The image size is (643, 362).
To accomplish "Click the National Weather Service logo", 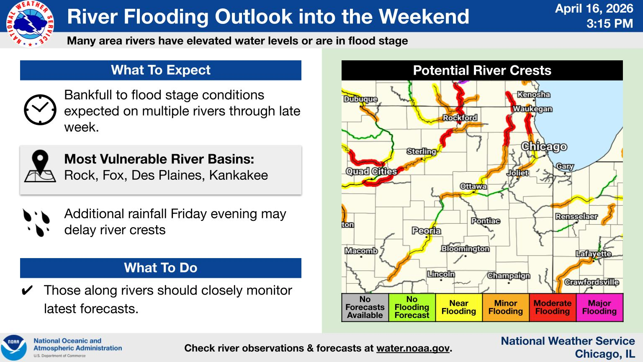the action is coord(30,23).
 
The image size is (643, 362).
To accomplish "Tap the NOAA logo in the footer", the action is coord(13,347).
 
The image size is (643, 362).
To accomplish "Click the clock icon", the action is coord(40,110).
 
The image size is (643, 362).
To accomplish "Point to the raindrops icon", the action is coord(36,222).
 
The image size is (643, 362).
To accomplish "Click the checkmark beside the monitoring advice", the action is coord(27,290).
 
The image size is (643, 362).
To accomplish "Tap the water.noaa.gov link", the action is coord(412,348).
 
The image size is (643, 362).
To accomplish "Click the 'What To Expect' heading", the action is coord(161,70).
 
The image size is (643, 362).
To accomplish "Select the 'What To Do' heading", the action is coord(161,268).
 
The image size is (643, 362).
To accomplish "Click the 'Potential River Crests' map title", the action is coord(482,70).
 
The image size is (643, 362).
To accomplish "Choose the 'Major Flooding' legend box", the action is coord(599,307).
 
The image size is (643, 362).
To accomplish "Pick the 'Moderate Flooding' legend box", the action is coord(553,307).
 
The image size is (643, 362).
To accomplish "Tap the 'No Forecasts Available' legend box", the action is coord(365,307).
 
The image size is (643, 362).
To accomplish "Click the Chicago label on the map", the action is coord(544,147).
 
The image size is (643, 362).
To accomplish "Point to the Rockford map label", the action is coord(460,118).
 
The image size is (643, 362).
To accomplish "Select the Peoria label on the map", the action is coord(426,231).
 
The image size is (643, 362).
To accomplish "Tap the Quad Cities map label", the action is coord(371,171).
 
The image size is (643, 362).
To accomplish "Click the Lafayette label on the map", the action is coord(593,253).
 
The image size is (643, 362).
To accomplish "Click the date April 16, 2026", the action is coord(594,8).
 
